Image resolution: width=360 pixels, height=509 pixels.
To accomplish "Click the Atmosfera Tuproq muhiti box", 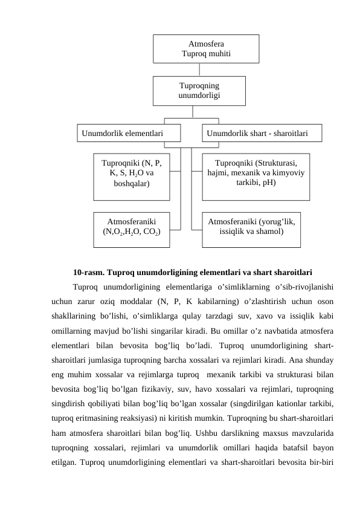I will (206, 48).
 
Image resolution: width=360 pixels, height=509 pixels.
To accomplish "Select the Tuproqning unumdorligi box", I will (199, 90).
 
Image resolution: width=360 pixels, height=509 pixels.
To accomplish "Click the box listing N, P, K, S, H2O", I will (131, 176).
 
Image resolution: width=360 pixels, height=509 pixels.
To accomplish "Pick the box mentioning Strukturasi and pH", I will (256, 176).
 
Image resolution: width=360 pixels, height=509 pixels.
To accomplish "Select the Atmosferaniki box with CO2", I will (131, 229).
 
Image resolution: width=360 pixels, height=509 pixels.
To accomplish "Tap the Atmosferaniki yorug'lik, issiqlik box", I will (251, 229).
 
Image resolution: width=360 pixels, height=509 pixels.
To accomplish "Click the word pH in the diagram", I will (269, 181).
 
